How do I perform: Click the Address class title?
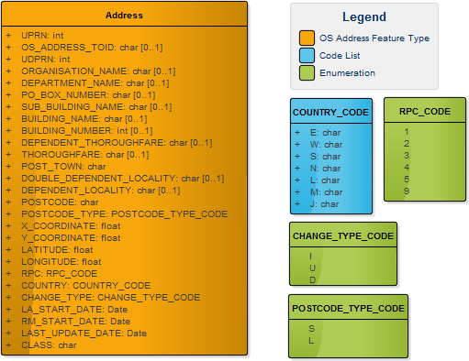point(124,16)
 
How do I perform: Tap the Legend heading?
point(364,16)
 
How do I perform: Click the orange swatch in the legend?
point(307,38)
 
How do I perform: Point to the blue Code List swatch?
point(307,56)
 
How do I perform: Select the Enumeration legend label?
point(348,73)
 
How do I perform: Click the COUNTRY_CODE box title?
point(330,113)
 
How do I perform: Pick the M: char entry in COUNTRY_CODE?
point(324,191)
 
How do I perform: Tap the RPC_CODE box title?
point(424,112)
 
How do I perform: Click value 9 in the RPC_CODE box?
point(406,191)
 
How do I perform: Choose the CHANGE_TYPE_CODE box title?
point(342,235)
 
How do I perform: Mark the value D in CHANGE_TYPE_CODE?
point(312,278)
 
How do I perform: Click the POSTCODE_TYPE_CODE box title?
point(348,309)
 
